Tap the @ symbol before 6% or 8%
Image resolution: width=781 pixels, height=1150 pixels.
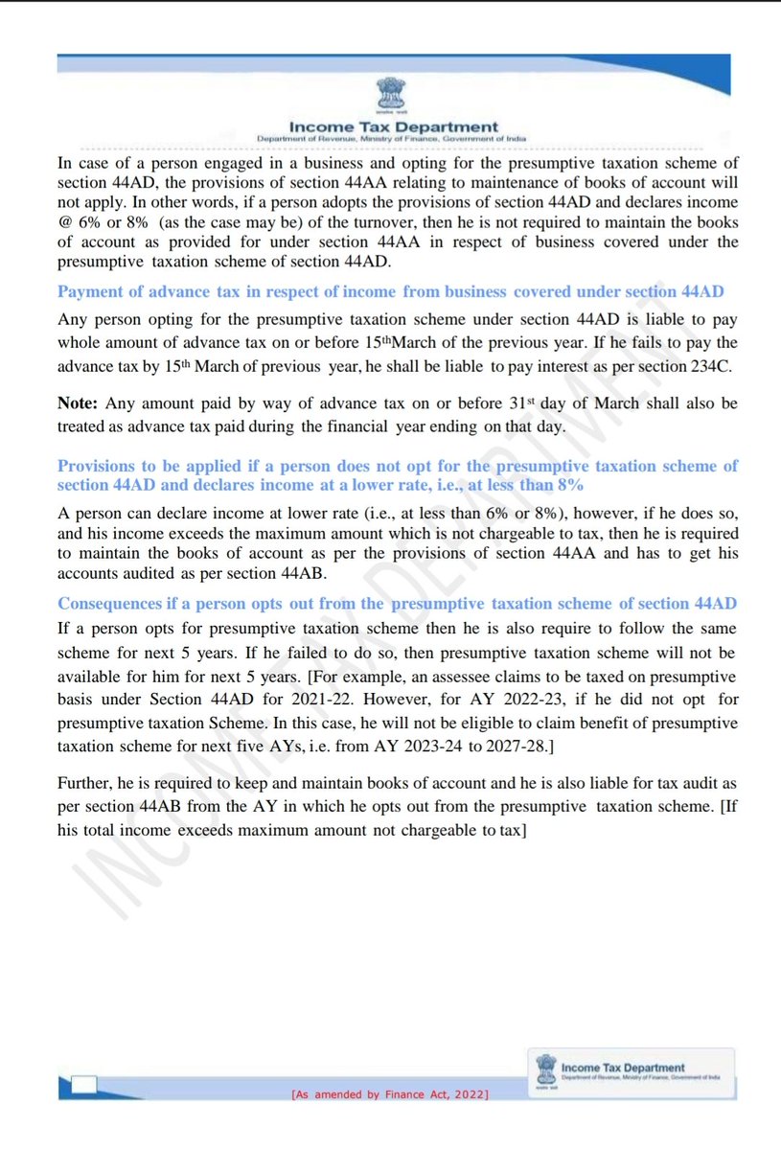click(x=65, y=222)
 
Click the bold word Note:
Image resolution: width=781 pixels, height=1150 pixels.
click(x=80, y=403)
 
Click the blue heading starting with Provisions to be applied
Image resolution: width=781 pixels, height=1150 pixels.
click(x=398, y=475)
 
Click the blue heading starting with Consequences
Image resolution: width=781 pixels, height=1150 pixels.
click(x=398, y=604)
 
